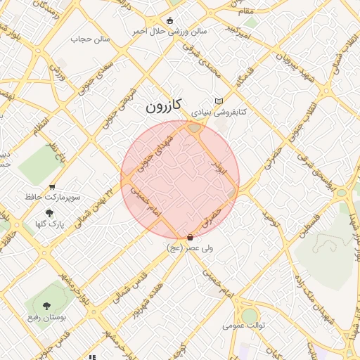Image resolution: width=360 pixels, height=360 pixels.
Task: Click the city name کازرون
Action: click(x=164, y=105)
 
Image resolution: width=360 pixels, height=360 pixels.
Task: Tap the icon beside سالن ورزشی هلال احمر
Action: click(x=172, y=20)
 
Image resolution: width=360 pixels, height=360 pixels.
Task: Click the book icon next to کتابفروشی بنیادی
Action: click(x=219, y=101)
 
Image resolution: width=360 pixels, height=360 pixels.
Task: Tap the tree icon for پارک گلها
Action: click(x=49, y=213)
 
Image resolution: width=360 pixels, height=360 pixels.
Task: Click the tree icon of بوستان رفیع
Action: click(x=46, y=306)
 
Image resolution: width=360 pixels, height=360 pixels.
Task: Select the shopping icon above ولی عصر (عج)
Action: click(x=190, y=238)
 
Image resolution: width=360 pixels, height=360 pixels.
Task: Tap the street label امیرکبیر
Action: click(x=239, y=29)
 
